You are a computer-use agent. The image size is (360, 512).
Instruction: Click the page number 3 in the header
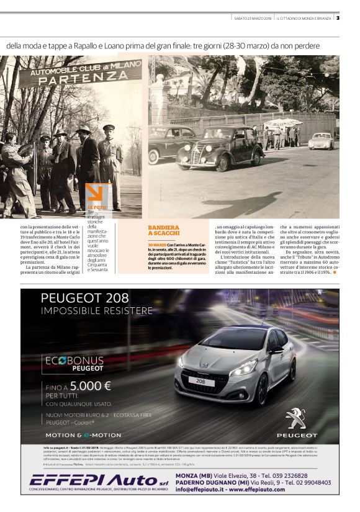(338, 17)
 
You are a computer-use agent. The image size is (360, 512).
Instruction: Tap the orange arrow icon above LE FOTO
(97, 194)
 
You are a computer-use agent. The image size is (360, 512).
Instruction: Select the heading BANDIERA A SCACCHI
(164, 231)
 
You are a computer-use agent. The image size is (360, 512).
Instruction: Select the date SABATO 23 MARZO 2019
(251, 17)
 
